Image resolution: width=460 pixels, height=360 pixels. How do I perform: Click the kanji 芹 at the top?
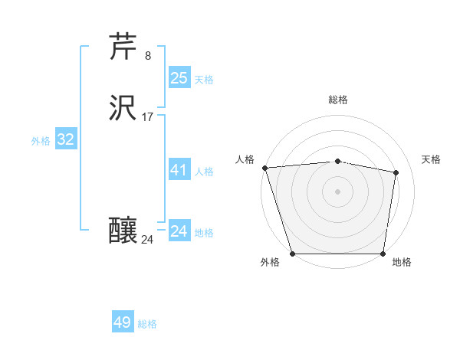pos(124,47)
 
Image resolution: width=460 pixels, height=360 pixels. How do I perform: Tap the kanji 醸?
pos(124,231)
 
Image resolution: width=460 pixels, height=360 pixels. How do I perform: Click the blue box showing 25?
pos(179,78)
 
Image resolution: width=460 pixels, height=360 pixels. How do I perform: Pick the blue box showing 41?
pos(179,170)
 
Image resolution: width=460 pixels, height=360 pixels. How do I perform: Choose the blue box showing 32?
pos(66,139)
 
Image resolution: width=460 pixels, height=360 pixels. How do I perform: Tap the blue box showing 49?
pos(123,322)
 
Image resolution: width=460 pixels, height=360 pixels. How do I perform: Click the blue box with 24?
pos(179,231)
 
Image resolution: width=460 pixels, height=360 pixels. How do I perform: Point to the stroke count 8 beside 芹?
pos(148,56)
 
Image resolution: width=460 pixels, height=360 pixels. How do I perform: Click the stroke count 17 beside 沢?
pos(148,117)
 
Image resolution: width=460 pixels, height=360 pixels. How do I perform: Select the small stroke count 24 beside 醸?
pos(147,240)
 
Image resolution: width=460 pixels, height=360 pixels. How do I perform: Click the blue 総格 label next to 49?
pos(147,324)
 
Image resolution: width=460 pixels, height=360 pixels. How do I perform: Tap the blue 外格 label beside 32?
pos(41,141)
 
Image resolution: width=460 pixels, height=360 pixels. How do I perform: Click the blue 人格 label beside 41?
pos(204,172)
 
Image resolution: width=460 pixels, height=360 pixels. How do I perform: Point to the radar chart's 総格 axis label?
pos(338,100)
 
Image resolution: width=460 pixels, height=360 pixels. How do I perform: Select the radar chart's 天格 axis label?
pos(431,159)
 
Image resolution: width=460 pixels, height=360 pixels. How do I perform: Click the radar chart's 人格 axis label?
pos(245,159)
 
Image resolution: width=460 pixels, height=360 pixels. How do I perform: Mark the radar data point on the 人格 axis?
pos(264,168)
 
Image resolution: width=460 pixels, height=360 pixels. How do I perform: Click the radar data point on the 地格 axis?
pos(383,254)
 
